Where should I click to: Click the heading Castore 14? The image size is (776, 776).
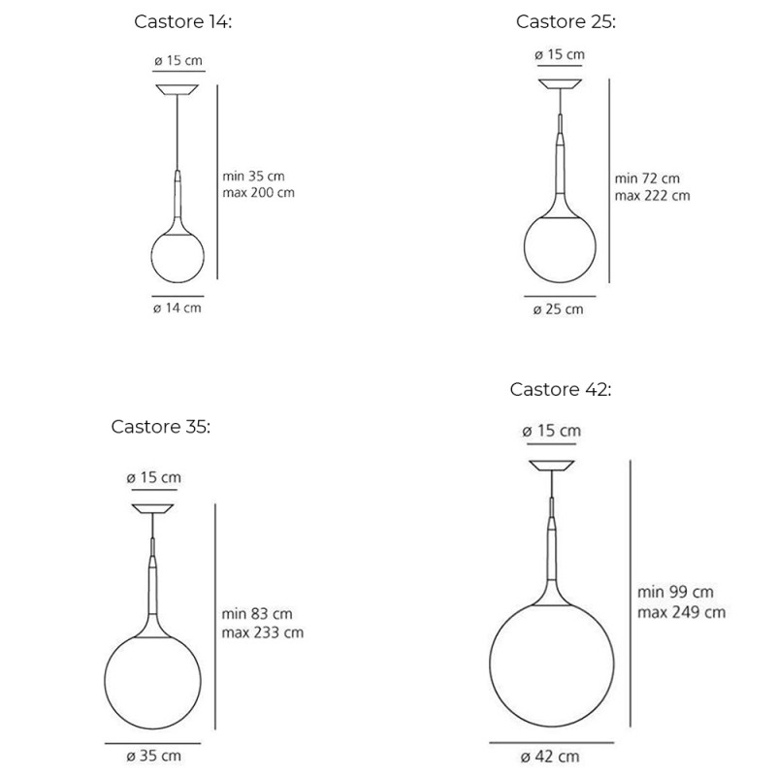point(182,22)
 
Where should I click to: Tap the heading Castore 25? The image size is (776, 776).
point(566,21)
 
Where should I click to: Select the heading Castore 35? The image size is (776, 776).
point(160,426)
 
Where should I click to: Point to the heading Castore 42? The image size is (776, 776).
point(561,389)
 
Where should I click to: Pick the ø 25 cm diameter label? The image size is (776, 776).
point(559,309)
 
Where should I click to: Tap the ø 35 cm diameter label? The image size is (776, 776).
point(153,756)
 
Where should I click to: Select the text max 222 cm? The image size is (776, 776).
point(652,195)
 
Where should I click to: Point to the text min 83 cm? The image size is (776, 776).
point(258,614)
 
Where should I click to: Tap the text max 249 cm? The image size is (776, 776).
point(681,611)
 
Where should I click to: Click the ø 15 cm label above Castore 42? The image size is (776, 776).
point(551,431)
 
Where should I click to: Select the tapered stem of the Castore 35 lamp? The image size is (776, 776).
point(153,582)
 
